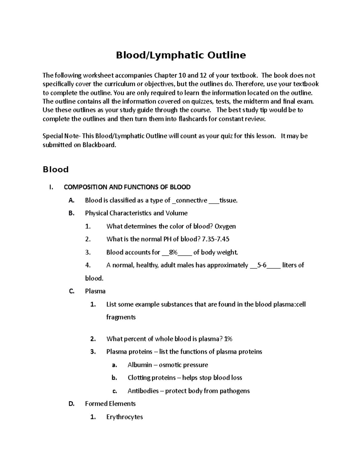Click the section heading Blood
pyautogui.click(x=56, y=169)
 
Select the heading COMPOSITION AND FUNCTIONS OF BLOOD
pyautogui.click(x=127, y=187)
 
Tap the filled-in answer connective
pyautogui.click(x=192, y=200)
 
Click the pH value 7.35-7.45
pyautogui.click(x=216, y=239)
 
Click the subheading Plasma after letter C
pyautogui.click(x=95, y=291)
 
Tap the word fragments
pyautogui.click(x=121, y=317)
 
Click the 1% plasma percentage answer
pyautogui.click(x=228, y=339)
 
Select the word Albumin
pyautogui.click(x=140, y=365)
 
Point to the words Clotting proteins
pyautogui.click(x=151, y=378)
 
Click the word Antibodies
pyautogui.click(x=143, y=391)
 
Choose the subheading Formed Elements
pyautogui.click(x=110, y=404)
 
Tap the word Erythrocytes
pyautogui.click(x=124, y=417)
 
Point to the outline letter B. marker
pyautogui.click(x=71, y=213)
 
